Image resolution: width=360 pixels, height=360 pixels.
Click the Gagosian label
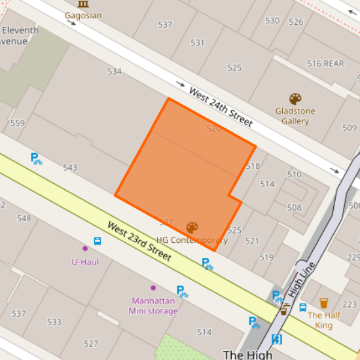click(x=83, y=15)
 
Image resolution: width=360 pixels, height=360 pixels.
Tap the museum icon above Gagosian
click(x=83, y=4)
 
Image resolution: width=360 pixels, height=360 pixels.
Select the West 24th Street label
click(x=220, y=107)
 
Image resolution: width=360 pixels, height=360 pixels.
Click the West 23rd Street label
click(x=139, y=242)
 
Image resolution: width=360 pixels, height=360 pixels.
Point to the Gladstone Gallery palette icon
click(x=295, y=99)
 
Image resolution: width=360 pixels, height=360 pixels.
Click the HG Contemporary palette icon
click(x=192, y=228)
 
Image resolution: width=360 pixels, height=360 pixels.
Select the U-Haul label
click(x=85, y=262)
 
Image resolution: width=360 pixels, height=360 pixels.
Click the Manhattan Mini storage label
click(x=154, y=306)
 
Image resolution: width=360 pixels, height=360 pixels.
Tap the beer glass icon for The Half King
click(x=323, y=303)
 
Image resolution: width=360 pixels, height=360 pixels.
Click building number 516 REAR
click(x=325, y=63)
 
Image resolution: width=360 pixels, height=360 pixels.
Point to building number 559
click(x=18, y=123)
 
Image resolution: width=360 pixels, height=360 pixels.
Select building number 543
click(x=70, y=168)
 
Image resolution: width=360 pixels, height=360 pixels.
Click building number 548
click(x=24, y=218)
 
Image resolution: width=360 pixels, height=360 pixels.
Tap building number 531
click(x=197, y=43)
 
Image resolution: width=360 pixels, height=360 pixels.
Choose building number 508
click(x=294, y=208)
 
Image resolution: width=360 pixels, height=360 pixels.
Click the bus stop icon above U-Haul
click(x=98, y=241)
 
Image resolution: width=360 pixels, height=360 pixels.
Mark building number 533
click(x=54, y=322)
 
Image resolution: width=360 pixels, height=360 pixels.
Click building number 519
click(x=266, y=257)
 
